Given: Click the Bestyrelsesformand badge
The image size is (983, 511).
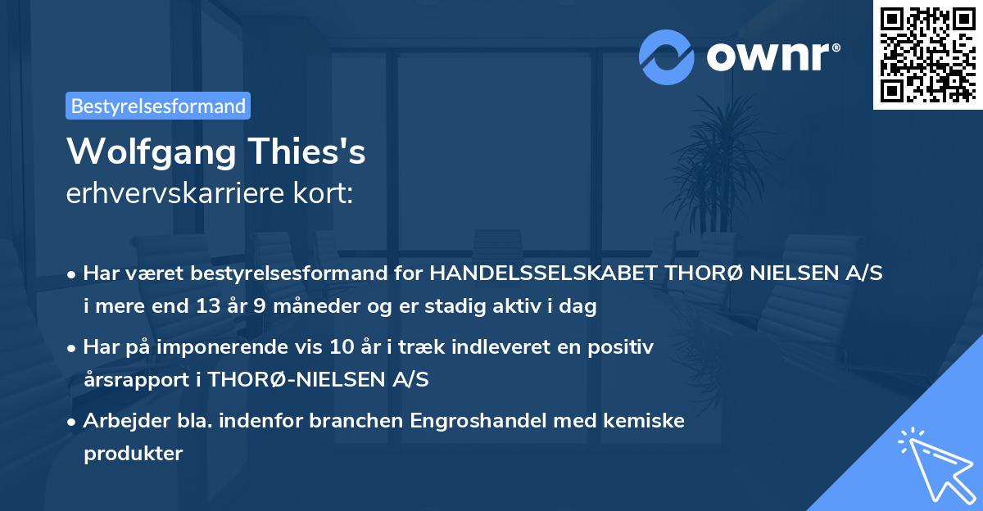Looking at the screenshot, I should (158, 106).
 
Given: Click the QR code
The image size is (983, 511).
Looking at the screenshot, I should (927, 54).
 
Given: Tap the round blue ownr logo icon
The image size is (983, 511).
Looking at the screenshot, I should (666, 57).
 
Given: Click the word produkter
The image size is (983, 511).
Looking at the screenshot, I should (133, 453).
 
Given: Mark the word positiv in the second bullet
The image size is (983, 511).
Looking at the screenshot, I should (624, 347).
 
